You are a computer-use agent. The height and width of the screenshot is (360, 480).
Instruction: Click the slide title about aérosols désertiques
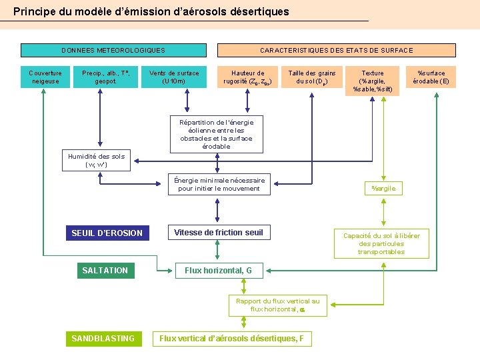151,11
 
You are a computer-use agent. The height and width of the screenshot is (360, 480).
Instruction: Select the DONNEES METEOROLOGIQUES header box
113,50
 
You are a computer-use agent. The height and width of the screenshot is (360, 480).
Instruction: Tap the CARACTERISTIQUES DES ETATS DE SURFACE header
337,50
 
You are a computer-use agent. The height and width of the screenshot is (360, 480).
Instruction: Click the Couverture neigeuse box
45,77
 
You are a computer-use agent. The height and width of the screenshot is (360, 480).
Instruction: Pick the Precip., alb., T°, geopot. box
110,77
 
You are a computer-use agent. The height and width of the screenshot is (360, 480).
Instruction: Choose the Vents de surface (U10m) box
174,77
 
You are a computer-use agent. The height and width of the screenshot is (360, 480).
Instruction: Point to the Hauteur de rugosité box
247,77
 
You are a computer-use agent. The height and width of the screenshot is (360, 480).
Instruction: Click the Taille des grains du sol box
311,77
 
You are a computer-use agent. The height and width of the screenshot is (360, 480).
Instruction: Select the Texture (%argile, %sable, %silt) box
373,81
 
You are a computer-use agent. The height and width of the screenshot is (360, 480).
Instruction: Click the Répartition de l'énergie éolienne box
216,134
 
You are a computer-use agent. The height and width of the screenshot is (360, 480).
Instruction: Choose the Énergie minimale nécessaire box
219,185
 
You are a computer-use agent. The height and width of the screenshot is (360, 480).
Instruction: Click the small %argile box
383,189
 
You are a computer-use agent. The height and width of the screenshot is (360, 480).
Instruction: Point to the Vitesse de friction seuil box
219,233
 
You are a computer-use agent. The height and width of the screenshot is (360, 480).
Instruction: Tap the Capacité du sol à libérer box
381,243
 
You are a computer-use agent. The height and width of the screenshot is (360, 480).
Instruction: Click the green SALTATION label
105,270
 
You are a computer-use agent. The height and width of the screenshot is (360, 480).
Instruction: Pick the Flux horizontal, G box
218,271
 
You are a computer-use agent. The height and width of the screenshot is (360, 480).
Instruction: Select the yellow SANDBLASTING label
103,339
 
